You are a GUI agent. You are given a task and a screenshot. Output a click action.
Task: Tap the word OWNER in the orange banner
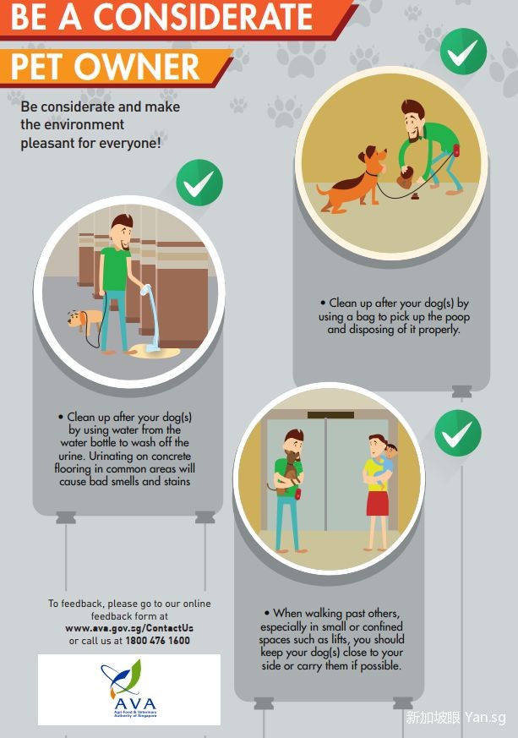(137, 67)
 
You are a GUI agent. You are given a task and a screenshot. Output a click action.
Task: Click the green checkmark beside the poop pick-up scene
(463, 52)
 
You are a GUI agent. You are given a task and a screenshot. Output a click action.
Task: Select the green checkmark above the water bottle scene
(199, 183)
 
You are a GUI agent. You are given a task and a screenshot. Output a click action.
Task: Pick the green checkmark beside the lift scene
(458, 433)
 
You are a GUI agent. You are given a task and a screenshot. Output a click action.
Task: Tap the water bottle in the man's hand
(145, 289)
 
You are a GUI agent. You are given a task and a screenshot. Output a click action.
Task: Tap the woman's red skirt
(378, 504)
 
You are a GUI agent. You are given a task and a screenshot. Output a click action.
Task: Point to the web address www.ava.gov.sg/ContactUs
(129, 628)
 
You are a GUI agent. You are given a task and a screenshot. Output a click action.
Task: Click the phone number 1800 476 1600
(158, 641)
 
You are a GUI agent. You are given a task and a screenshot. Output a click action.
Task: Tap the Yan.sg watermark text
(486, 718)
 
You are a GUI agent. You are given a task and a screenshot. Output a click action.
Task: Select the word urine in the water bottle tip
(72, 456)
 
